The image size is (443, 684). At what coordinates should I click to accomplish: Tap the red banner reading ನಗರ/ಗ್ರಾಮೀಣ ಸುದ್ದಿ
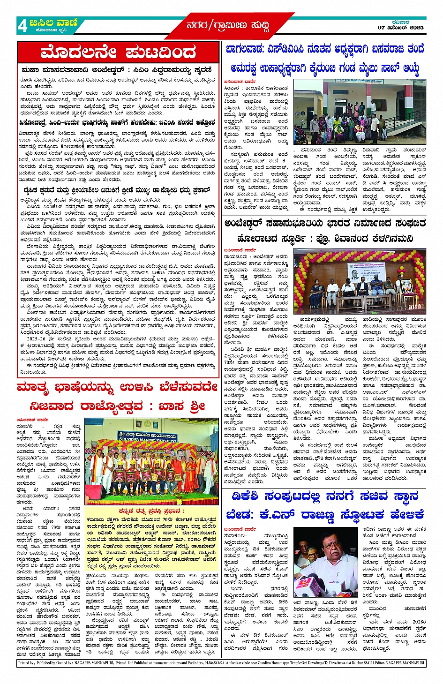point(227,25)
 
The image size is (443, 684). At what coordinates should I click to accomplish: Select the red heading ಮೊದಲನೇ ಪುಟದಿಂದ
point(117,52)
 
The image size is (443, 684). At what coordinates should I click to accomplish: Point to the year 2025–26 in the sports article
point(37,338)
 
